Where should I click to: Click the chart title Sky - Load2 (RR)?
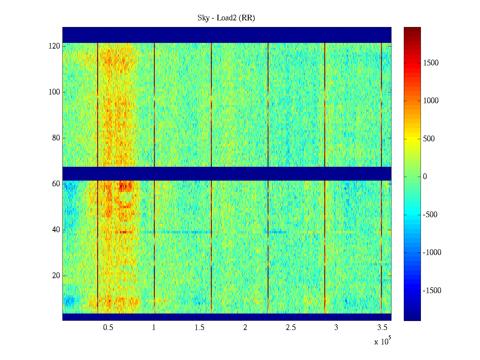tap(226, 18)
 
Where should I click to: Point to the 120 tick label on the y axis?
tap(54, 46)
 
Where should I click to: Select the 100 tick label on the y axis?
tap(54, 92)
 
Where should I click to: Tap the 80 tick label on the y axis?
tap(56, 138)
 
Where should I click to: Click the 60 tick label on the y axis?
tap(56, 184)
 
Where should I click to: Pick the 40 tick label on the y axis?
tap(56, 230)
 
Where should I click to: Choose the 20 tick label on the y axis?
tap(56, 276)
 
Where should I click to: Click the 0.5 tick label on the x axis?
tap(108, 328)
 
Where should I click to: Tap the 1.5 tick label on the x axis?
tap(199, 328)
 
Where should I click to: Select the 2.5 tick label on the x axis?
tap(291, 328)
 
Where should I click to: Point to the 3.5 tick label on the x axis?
tap(382, 328)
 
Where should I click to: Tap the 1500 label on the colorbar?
tap(431, 63)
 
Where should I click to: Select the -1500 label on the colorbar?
tap(432, 291)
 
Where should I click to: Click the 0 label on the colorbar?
tap(425, 177)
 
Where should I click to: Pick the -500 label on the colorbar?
tap(430, 215)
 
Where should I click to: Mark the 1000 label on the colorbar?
tap(431, 101)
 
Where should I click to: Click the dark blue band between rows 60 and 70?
tap(227, 173)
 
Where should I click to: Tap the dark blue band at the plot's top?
tap(227, 35)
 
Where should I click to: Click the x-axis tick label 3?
tap(336, 328)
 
